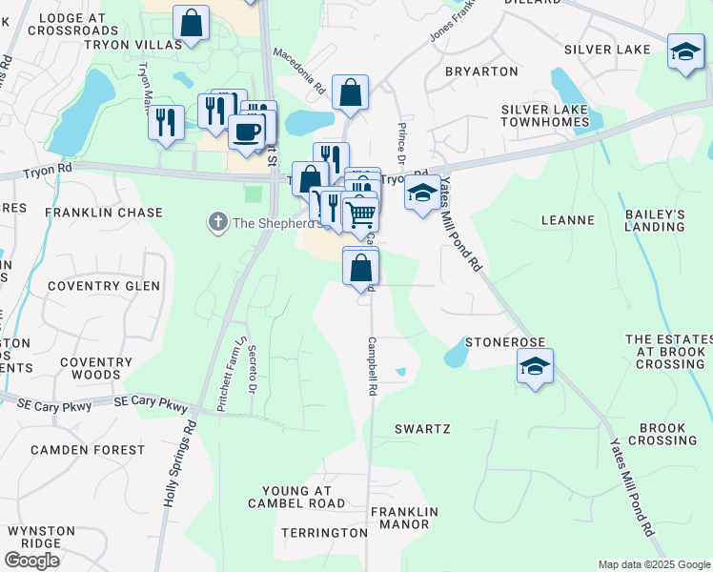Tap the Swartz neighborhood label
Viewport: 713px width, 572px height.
coord(422,429)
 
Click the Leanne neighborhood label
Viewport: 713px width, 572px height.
coord(567,220)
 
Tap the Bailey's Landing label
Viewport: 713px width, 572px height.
coord(655,220)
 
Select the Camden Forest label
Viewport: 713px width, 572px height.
coord(72,449)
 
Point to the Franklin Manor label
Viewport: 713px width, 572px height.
coord(405,518)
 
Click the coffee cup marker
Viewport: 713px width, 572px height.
coord(247,132)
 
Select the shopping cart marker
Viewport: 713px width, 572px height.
coord(360,214)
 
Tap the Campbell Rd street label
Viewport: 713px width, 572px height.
coord(373,365)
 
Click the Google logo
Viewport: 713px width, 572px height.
coord(31,561)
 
